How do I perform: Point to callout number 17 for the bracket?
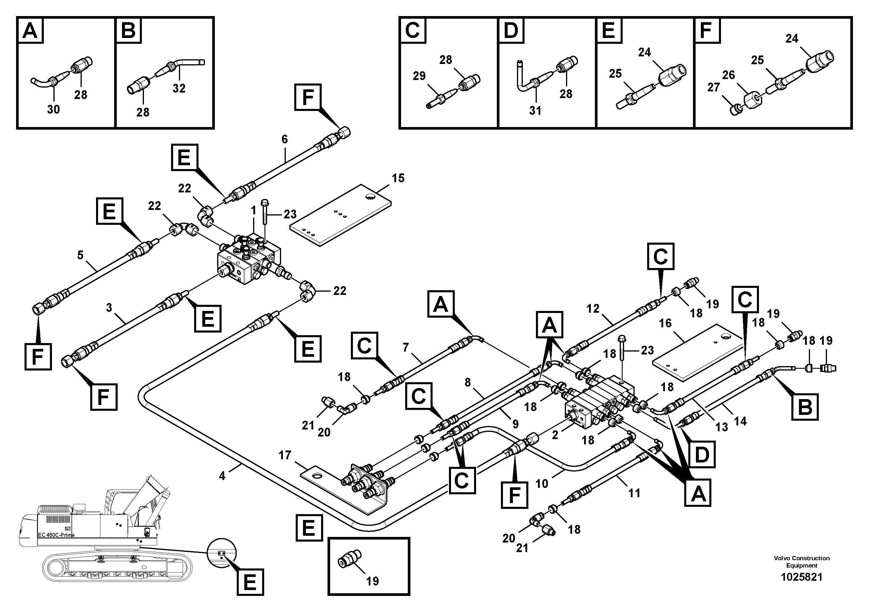click(x=285, y=455)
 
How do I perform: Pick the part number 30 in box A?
click(x=53, y=109)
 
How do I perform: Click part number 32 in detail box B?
click(x=179, y=88)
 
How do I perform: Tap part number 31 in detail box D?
click(x=535, y=111)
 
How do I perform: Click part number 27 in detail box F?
click(x=713, y=88)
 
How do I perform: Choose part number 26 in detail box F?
click(x=728, y=75)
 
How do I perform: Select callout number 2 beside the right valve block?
click(x=555, y=435)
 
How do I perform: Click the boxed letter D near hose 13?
click(x=701, y=454)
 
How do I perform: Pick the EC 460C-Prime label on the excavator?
click(x=56, y=535)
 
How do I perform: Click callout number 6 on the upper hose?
click(x=285, y=139)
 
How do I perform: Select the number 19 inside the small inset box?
click(x=372, y=581)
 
